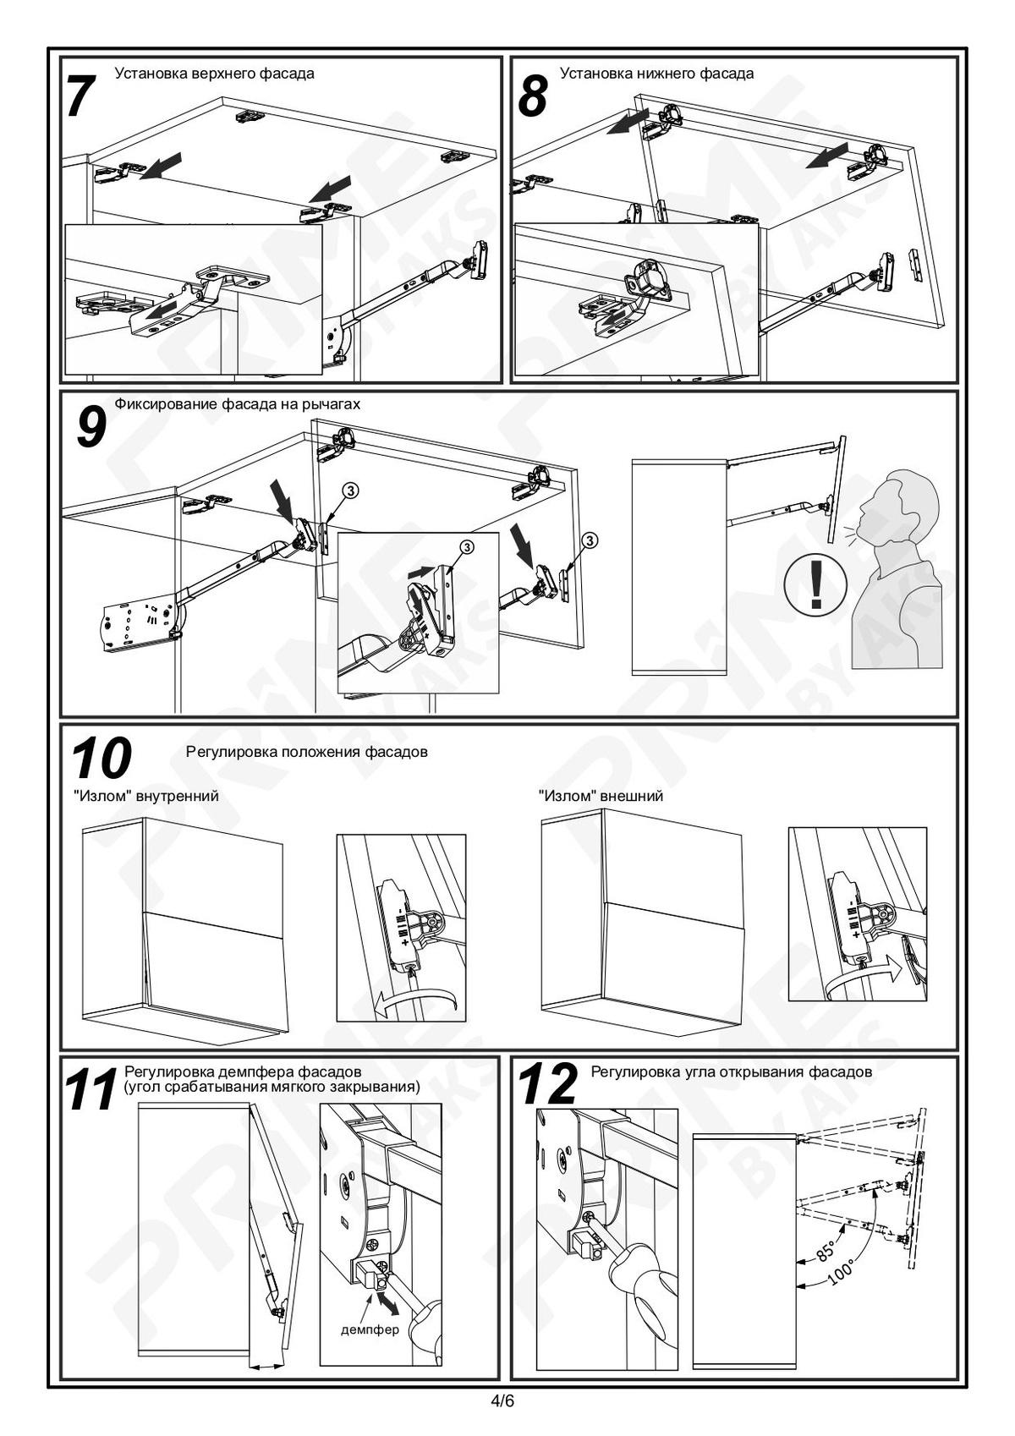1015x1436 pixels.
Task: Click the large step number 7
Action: click(x=82, y=96)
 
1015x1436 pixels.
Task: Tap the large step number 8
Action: click(x=533, y=96)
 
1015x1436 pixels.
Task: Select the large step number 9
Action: click(x=91, y=428)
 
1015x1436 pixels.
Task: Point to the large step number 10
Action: click(x=101, y=759)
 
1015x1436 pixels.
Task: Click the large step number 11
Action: click(x=91, y=1089)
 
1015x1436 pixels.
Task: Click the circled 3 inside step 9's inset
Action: click(x=467, y=547)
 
